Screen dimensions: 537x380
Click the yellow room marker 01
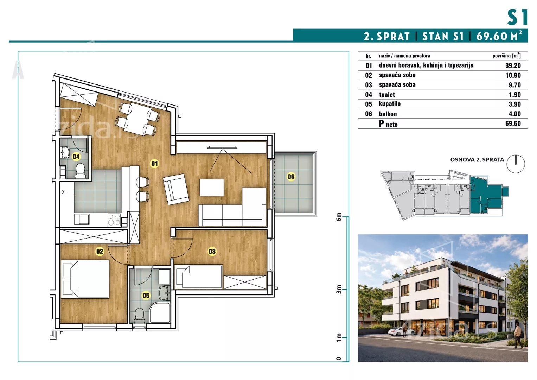154,164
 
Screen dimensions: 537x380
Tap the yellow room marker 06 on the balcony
291,177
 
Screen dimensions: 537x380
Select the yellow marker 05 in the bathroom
146,295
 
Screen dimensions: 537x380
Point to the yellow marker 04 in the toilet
76,157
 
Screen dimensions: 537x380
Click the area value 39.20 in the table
513,65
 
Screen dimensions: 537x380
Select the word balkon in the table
388,114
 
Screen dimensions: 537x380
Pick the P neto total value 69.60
513,123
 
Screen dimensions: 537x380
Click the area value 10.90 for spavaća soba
513,75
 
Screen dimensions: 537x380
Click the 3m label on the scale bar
339,289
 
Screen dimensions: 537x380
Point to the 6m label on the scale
339,217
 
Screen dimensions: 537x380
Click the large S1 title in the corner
517,17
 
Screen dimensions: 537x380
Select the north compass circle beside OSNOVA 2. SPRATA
516,164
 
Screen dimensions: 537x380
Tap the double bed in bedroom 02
85,279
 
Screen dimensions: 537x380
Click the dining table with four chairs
138,119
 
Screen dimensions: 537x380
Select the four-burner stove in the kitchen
114,220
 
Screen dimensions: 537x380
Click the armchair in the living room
176,189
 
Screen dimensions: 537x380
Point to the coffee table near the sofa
212,187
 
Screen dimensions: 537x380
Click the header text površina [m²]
506,56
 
